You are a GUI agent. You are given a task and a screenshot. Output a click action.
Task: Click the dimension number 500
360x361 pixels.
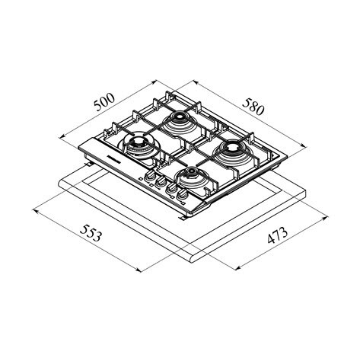point(104,102)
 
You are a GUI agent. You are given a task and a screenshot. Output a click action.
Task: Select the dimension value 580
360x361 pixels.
point(253,107)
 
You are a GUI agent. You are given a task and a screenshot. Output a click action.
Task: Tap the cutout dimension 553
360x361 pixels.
point(91,233)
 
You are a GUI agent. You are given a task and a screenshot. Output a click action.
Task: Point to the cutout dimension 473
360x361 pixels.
point(278,235)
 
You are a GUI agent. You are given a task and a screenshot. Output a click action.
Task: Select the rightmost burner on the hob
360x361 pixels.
point(231,152)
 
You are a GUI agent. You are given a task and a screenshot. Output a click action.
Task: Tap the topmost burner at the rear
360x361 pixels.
point(180,121)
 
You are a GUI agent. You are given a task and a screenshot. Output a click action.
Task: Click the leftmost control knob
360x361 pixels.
point(150,175)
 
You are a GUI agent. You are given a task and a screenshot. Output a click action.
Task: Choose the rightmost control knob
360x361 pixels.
point(182,194)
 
